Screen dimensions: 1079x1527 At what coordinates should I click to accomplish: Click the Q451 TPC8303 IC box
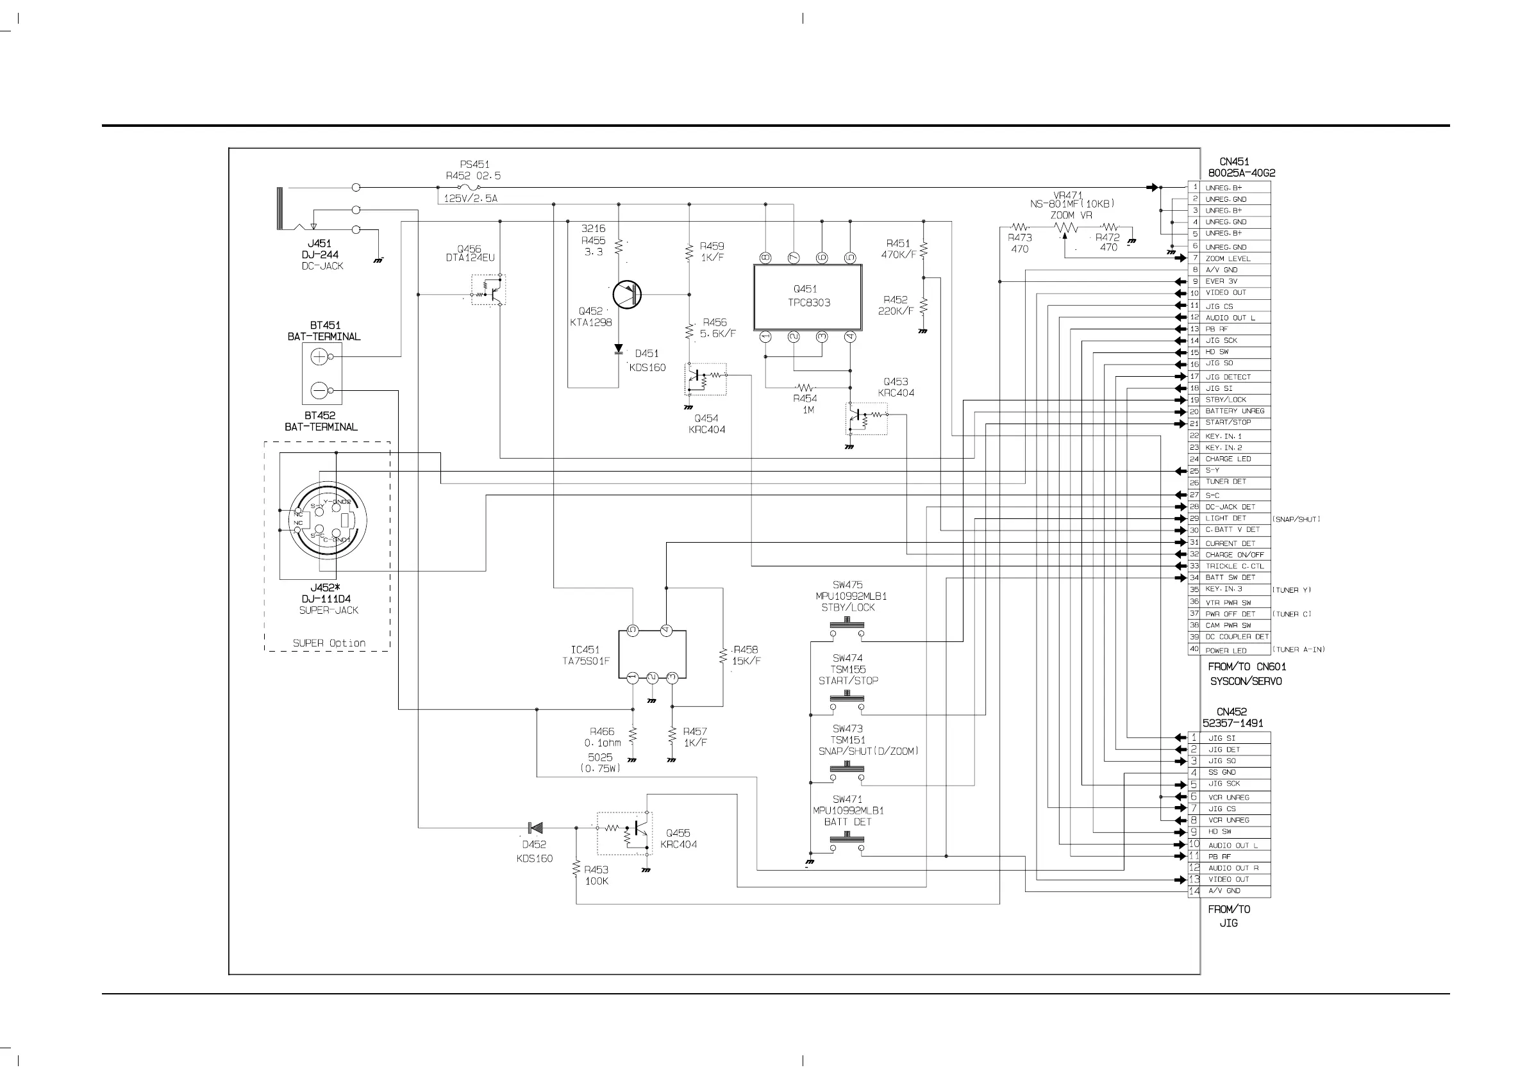point(807,297)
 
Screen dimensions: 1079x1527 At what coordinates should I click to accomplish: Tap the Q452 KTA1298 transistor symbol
point(626,295)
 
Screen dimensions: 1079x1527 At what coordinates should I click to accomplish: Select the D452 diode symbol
point(535,828)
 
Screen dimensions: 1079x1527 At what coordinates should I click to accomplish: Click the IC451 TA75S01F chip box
point(652,654)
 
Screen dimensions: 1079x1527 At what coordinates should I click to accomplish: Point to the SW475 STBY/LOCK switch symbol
point(847,627)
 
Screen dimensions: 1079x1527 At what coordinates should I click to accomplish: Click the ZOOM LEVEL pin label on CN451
point(1228,259)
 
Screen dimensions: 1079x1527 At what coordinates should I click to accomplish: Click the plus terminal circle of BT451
point(319,357)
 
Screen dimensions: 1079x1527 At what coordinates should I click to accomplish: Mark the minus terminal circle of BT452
point(319,390)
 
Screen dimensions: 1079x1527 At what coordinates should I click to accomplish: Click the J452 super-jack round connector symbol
point(328,520)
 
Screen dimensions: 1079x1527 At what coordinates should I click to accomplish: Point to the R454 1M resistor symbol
point(805,387)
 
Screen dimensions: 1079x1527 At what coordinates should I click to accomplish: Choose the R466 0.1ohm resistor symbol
point(633,734)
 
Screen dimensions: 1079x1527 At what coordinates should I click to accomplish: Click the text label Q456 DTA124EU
point(469,253)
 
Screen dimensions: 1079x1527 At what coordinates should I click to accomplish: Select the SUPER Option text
point(330,643)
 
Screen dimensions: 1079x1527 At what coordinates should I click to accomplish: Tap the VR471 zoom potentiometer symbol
point(1065,228)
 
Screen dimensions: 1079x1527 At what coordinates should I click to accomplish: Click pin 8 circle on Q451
point(765,258)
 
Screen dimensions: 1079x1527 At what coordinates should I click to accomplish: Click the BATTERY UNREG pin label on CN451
point(1235,411)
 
